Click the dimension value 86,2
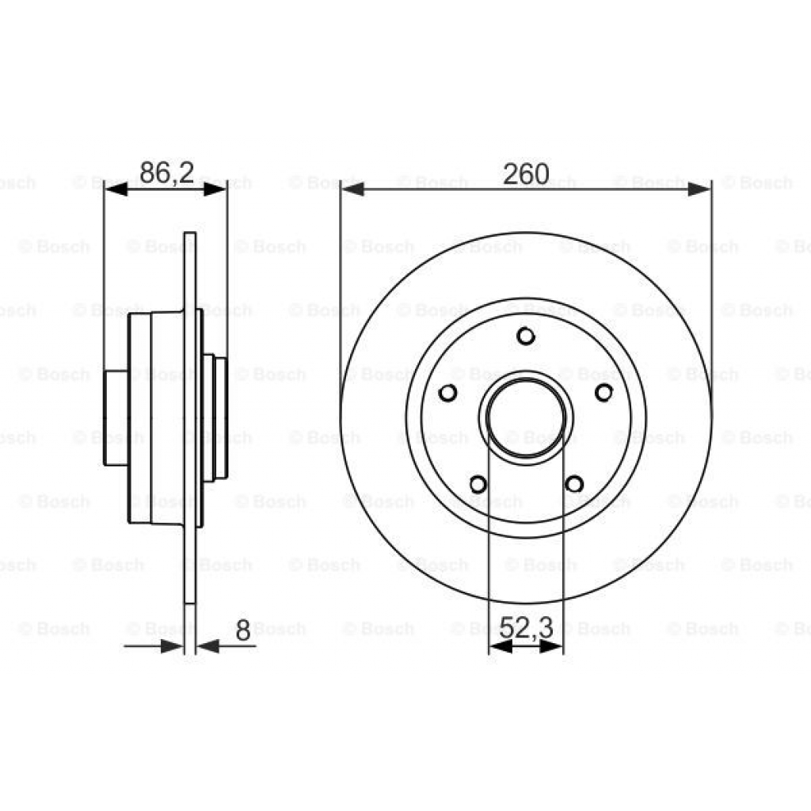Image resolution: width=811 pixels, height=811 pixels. (166, 173)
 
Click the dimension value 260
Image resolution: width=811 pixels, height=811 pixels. (526, 173)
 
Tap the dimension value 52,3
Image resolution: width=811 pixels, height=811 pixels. (526, 630)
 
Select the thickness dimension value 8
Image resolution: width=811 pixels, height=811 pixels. (242, 631)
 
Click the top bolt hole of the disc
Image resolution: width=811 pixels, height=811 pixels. (525, 337)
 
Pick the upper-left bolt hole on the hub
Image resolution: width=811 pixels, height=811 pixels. (447, 393)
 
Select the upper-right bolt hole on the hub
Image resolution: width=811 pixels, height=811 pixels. (603, 393)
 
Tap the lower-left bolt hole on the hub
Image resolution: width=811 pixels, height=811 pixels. (478, 483)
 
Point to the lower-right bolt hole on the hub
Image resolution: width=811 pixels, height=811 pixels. (574, 483)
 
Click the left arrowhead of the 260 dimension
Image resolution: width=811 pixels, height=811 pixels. (352, 189)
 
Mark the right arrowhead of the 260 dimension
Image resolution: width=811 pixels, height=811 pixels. (699, 189)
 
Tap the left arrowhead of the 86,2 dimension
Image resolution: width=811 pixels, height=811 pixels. (116, 188)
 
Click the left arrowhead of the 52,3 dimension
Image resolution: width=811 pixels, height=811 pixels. (498, 647)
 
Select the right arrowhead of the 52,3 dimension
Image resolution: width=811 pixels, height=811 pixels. (553, 647)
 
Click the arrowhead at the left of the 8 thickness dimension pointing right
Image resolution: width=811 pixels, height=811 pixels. (171, 646)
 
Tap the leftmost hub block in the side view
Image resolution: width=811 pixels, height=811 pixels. (116, 417)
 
